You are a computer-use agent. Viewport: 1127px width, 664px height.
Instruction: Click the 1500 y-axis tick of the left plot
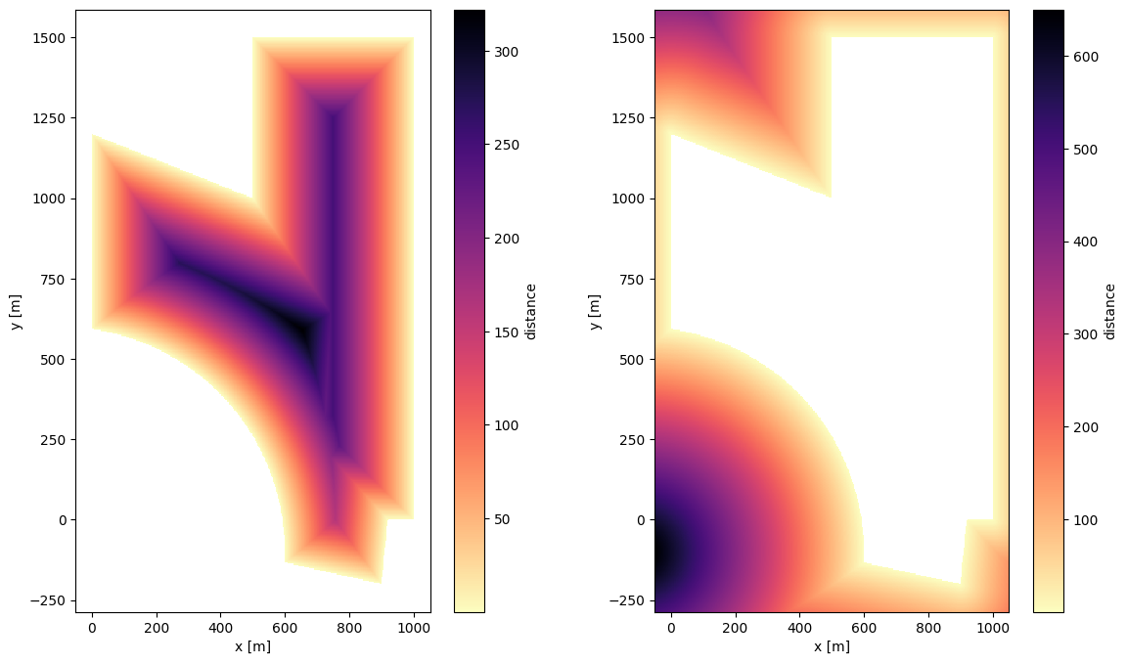click(x=56, y=38)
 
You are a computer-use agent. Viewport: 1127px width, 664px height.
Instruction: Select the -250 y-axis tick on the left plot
click(x=54, y=600)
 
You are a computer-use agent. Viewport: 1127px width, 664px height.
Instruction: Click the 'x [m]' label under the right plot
click(x=831, y=645)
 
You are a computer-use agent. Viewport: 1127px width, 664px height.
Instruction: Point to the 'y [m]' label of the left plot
click(x=18, y=311)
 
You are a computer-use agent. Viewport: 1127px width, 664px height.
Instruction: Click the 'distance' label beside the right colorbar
click(x=1110, y=311)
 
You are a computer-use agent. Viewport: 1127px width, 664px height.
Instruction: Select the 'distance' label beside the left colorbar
click(x=530, y=311)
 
